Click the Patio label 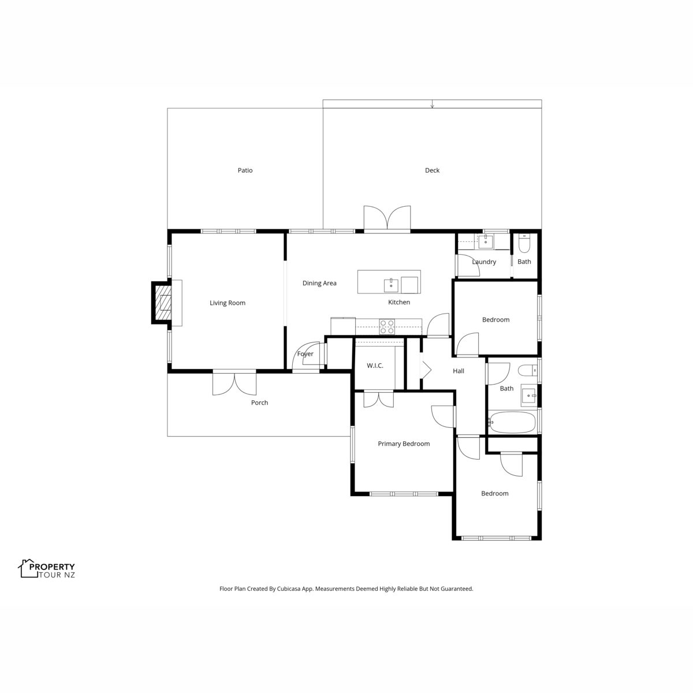pos(245,170)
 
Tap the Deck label pos(432,170)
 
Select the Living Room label pos(228,303)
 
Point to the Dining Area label pos(319,284)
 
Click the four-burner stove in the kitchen pos(387,327)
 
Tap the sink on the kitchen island pos(391,285)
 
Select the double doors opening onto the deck pos(387,219)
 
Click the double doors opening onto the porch pos(234,383)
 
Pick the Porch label pos(259,403)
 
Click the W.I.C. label pos(375,366)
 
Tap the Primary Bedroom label pos(404,444)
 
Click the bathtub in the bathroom pos(512,422)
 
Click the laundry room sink pos(486,241)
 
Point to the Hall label pos(458,371)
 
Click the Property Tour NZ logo pos(47,569)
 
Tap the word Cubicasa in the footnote pos(289,588)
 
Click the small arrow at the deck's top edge pos(433,104)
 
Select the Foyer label pos(305,354)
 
